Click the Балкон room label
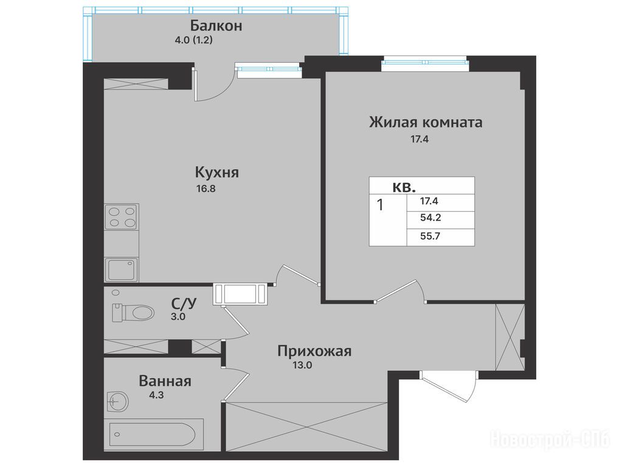click(x=216, y=26)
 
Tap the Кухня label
click(x=217, y=173)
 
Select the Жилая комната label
click(x=426, y=122)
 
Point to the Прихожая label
click(x=314, y=351)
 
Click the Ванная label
click(x=165, y=381)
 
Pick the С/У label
click(x=184, y=303)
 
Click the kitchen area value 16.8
click(x=206, y=189)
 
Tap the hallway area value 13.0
click(x=302, y=365)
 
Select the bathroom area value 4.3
click(x=156, y=395)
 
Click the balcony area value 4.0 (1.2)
click(x=194, y=40)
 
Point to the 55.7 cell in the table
click(x=431, y=237)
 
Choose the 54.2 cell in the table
click(x=431, y=218)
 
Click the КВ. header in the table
click(x=404, y=187)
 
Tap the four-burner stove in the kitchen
click(x=121, y=216)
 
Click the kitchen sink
click(x=121, y=269)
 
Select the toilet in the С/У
click(x=133, y=313)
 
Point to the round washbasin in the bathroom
click(x=117, y=402)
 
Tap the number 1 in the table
click(x=380, y=206)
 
